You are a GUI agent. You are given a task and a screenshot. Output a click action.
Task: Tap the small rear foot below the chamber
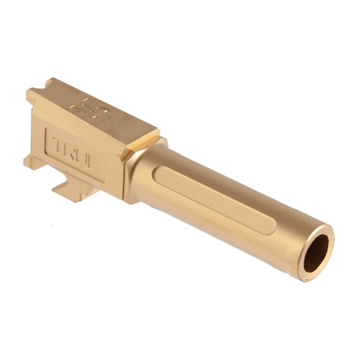31,161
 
